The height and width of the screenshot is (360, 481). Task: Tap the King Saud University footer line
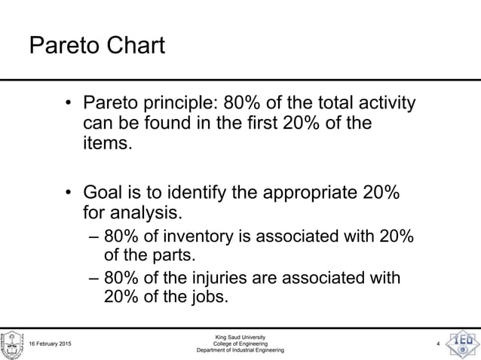[240, 337]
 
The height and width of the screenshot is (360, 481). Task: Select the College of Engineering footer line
[240, 344]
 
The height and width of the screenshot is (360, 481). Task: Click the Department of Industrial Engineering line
[240, 352]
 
